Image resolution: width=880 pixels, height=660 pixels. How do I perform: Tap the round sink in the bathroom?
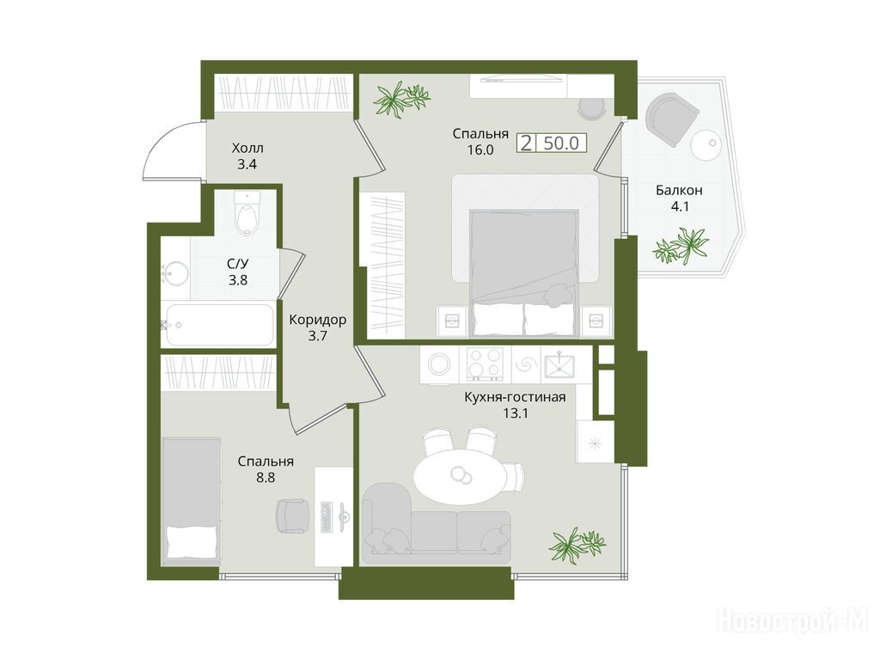[x=175, y=274]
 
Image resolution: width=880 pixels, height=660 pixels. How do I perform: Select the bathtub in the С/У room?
[x=219, y=325]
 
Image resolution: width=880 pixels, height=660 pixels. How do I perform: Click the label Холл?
[x=247, y=149]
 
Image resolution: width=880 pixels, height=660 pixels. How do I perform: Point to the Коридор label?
[x=318, y=320]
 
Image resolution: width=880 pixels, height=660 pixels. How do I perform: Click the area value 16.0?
[x=480, y=150]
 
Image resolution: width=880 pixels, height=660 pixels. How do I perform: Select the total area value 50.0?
[x=561, y=144]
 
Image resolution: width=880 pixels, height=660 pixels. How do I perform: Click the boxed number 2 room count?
[x=527, y=144]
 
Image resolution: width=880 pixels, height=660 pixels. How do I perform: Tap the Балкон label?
[x=679, y=190]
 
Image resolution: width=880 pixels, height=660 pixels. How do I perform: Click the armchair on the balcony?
[x=672, y=119]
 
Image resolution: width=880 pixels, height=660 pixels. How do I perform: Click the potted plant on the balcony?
[x=681, y=245]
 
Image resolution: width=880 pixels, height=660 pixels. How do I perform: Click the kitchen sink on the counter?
[x=559, y=365]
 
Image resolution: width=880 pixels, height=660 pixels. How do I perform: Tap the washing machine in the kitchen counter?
[x=439, y=364]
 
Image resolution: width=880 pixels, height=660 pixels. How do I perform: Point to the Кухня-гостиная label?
[x=515, y=397]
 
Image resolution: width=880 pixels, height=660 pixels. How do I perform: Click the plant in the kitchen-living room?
[x=577, y=544]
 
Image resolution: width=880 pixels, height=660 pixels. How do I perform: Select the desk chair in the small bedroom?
[x=293, y=516]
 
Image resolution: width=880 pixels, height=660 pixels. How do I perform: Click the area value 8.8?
[x=266, y=478]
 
